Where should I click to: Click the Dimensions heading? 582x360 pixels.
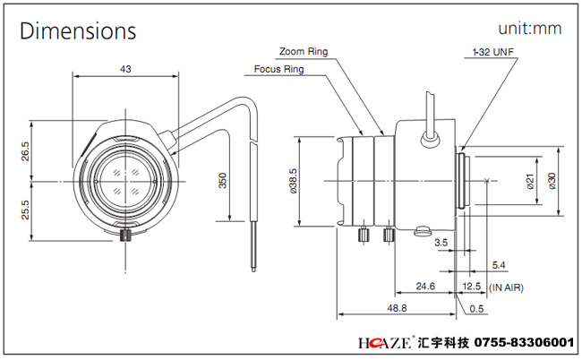point(78,30)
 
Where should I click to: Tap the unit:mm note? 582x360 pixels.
point(530,29)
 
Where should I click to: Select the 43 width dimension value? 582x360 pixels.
point(125,69)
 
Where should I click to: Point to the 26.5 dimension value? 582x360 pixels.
point(25,151)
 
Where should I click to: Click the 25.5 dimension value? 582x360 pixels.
point(25,210)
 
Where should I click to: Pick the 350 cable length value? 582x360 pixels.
point(222,180)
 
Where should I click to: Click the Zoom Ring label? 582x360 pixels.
point(304,51)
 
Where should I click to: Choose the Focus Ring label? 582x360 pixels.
point(278,69)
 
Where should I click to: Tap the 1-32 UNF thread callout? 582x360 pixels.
point(493,52)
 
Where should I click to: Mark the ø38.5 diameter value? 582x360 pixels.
point(293,181)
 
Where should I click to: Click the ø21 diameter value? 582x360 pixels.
point(531,181)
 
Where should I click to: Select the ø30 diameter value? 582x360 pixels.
point(552,181)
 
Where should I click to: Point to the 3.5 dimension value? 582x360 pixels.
point(441,243)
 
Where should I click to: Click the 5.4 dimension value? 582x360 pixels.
point(499,265)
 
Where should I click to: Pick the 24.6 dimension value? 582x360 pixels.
point(425,287)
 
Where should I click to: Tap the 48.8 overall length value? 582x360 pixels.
point(397,308)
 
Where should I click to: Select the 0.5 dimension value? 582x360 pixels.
point(476,309)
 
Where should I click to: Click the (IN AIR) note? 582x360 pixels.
point(506,287)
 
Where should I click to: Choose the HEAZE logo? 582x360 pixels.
point(385,342)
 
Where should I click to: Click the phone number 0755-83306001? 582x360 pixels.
point(524,342)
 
